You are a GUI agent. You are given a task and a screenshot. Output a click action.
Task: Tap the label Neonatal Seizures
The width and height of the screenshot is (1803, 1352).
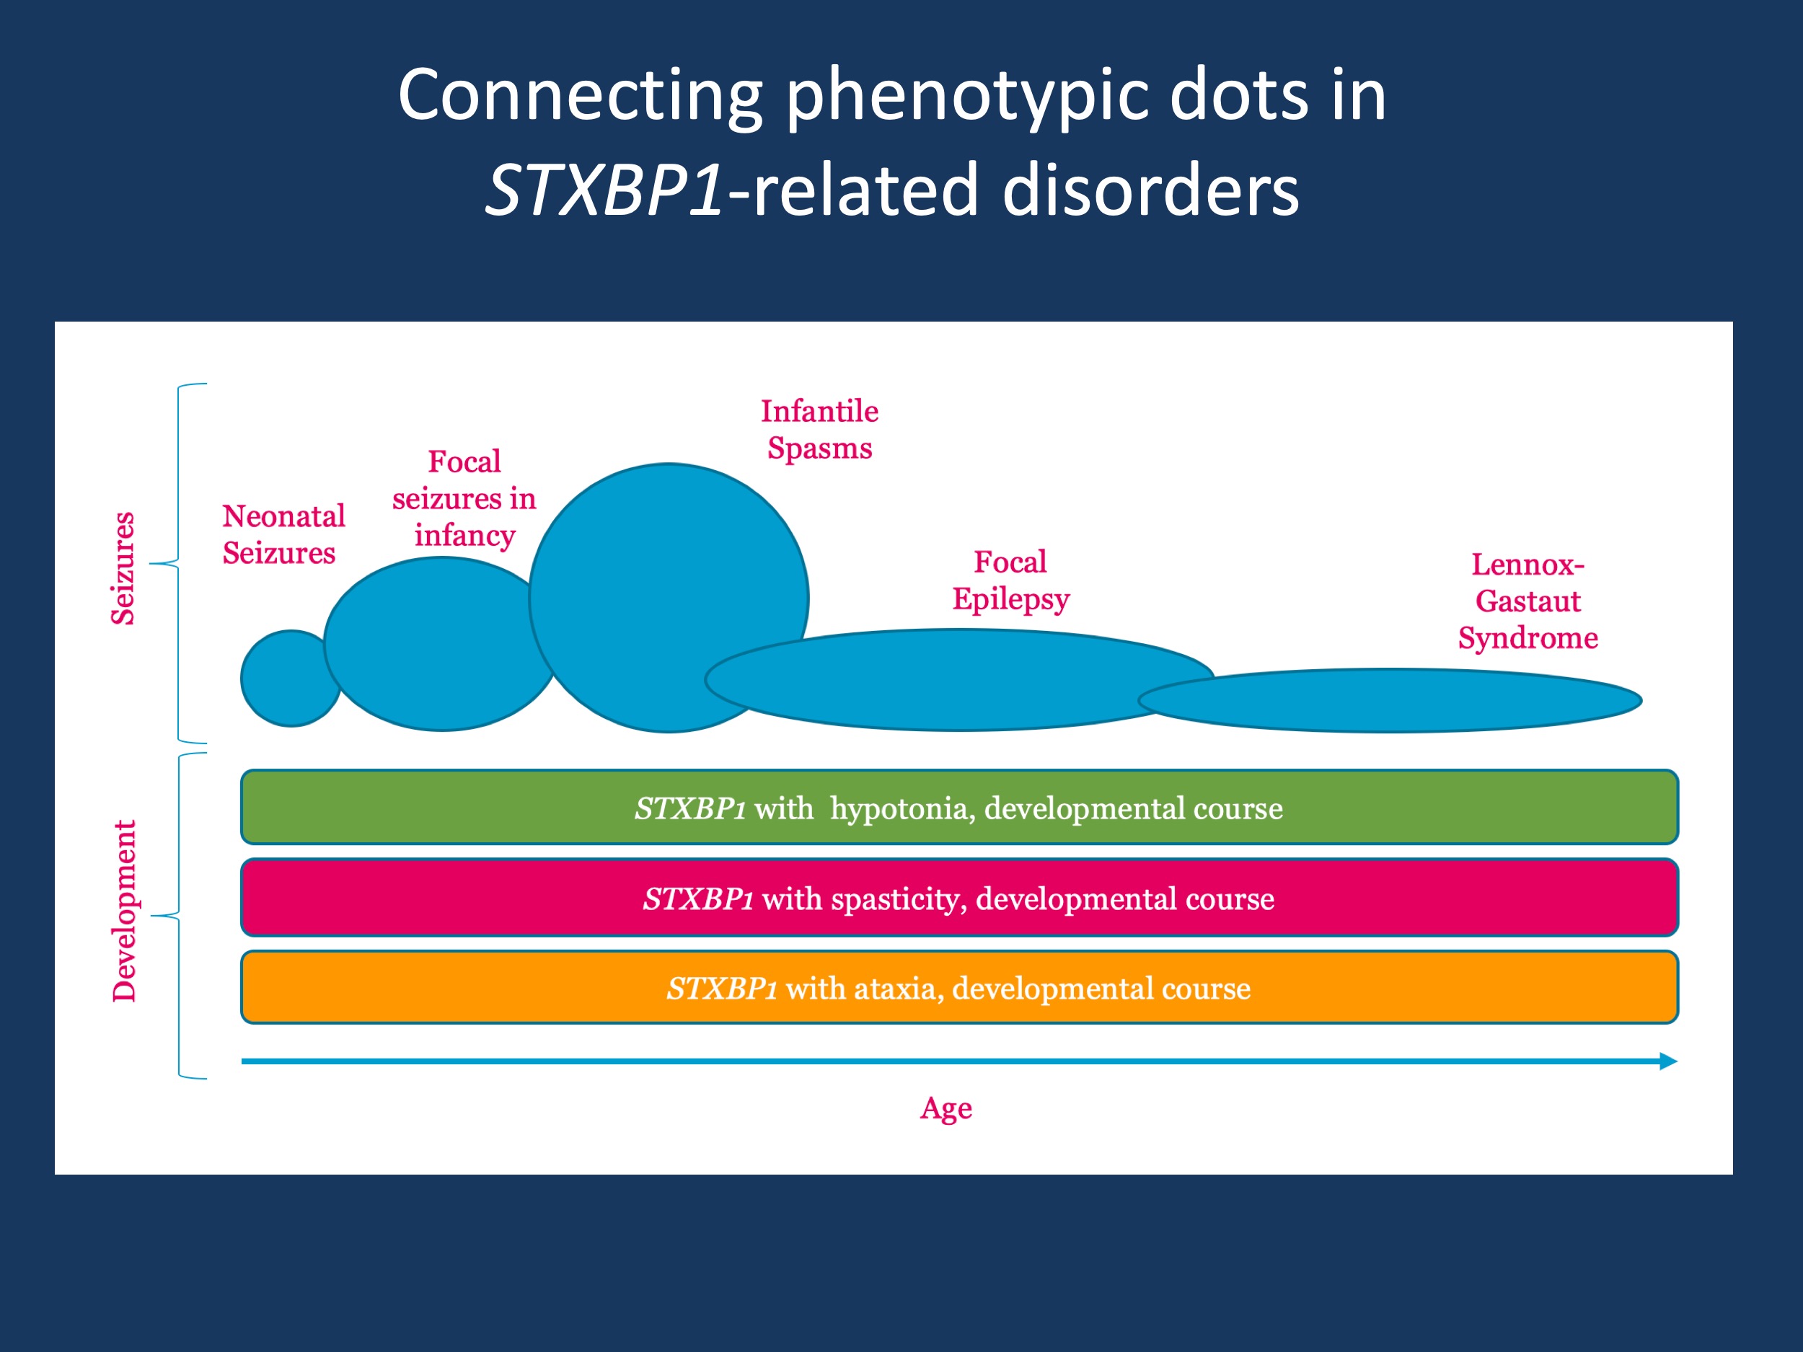[283, 534]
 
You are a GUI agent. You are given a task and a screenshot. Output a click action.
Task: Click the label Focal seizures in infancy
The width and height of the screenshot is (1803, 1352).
[464, 498]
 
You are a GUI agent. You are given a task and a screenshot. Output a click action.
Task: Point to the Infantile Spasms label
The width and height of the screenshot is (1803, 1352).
[819, 430]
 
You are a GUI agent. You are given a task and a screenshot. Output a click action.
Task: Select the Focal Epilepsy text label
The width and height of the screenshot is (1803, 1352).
[1010, 580]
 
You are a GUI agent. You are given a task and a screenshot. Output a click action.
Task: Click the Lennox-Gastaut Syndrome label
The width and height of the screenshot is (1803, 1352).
[1528, 601]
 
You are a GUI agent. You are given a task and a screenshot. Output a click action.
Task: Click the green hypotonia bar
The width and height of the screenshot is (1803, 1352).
[958, 808]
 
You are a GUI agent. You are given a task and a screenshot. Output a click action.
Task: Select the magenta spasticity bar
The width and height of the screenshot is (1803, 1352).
[958, 898]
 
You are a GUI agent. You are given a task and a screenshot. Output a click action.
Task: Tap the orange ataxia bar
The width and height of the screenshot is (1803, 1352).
[958, 988]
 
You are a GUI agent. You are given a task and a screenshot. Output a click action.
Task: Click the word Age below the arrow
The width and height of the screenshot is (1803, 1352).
[945, 1108]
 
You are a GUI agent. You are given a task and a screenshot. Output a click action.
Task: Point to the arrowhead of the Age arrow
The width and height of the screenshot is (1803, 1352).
[1667, 1061]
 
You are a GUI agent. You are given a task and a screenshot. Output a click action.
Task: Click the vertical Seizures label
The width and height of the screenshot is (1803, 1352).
[123, 568]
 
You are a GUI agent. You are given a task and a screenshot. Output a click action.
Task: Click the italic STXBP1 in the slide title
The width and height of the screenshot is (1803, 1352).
[603, 190]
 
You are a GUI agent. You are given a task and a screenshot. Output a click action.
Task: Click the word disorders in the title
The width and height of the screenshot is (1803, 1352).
[1150, 190]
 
